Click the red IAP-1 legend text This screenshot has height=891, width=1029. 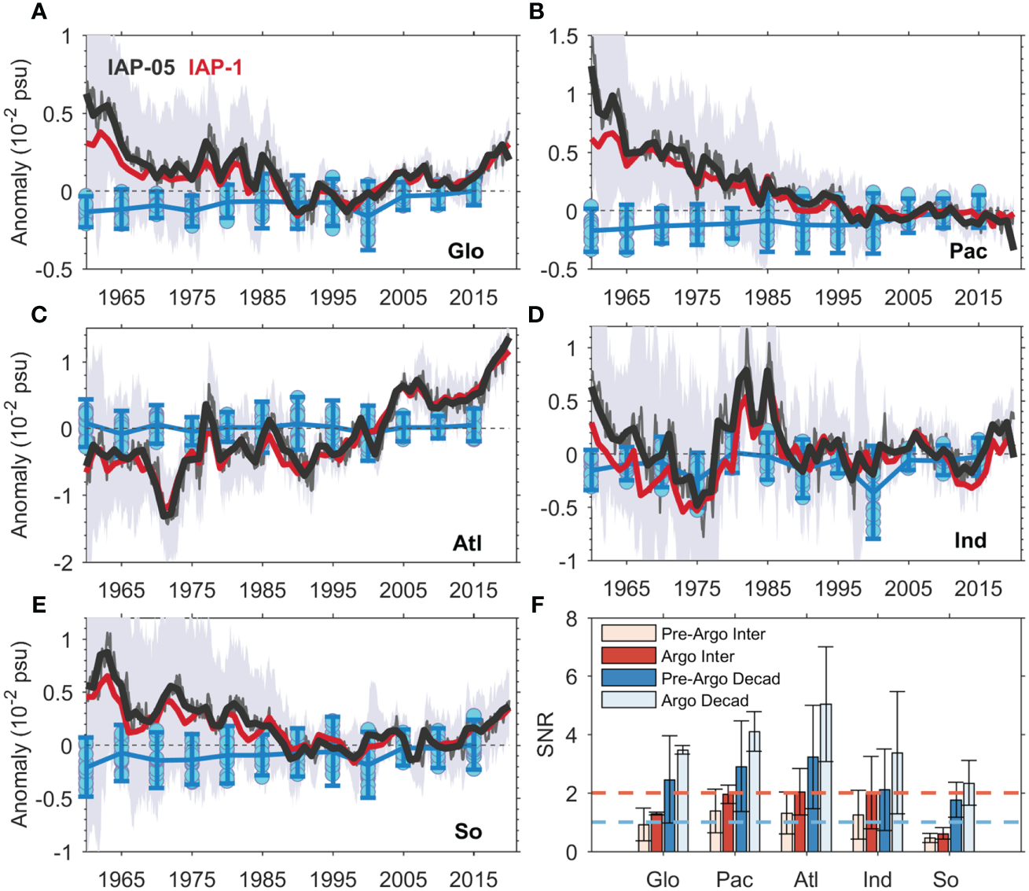pos(215,68)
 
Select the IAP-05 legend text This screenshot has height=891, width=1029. pos(141,68)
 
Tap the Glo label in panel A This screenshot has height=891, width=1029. pos(465,251)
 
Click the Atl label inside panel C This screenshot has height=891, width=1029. pos(467,543)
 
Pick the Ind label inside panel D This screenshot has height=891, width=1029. pos(970,540)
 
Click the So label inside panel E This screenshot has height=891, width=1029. pos(468,831)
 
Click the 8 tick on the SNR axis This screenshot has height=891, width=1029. pos(571,619)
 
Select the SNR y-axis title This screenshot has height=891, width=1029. pos(545,735)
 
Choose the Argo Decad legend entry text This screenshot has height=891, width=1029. pos(704,700)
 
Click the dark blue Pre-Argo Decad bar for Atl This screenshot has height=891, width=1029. pos(812,804)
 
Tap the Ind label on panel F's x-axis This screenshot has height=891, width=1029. pos(877,879)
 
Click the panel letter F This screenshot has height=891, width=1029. pos(538,605)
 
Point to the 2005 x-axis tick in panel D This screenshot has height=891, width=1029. pos(908,587)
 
